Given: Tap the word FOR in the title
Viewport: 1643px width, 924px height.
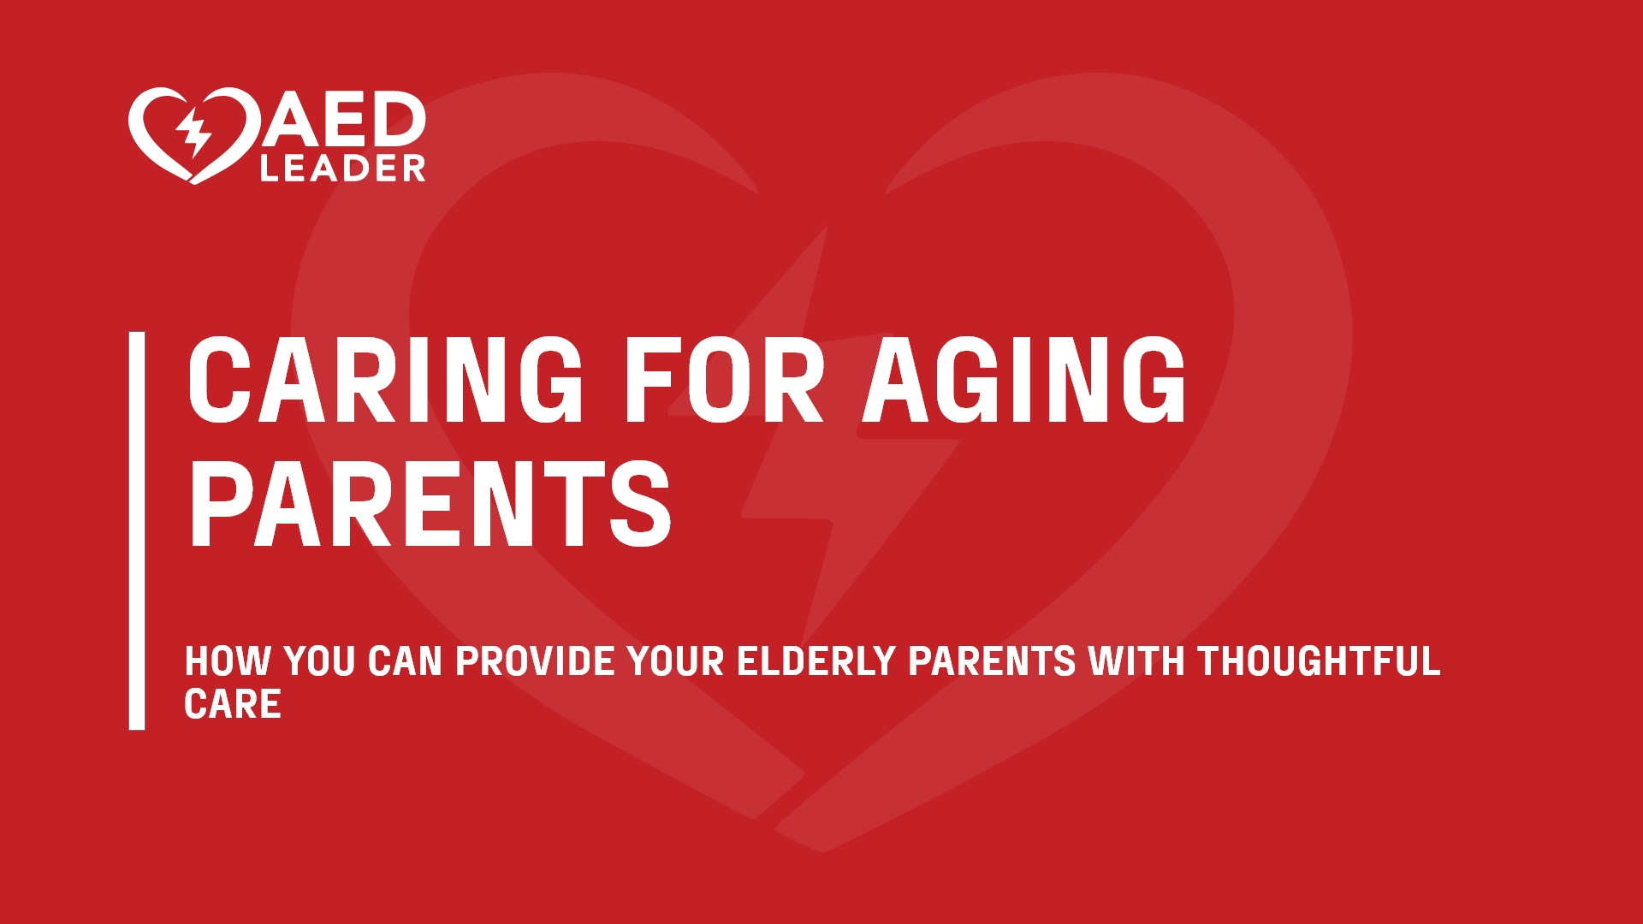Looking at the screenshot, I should (x=724, y=379).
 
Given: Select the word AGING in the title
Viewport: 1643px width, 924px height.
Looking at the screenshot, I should (x=1024, y=379).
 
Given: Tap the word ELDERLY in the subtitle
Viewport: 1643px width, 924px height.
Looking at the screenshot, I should (x=816, y=661).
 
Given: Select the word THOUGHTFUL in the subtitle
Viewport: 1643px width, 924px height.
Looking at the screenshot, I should (x=1319, y=661).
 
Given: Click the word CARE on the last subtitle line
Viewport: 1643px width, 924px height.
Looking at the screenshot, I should (x=233, y=704).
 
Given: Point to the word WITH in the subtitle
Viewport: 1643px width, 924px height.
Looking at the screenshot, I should (x=1136, y=661).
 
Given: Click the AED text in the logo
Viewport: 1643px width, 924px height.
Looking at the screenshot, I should (x=344, y=119).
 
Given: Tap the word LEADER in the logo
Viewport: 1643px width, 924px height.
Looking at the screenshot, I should (x=343, y=169).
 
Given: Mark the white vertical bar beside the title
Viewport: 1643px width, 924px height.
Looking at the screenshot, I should (x=137, y=530).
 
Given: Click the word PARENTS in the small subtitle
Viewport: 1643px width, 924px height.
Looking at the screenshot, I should (x=992, y=661).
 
